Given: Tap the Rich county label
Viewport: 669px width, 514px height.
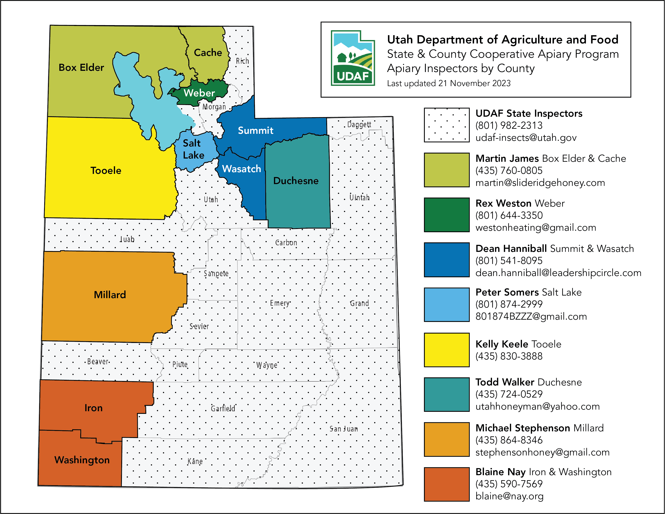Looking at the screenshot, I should point(242,61).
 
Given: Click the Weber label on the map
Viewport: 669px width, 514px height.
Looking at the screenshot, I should point(199,93).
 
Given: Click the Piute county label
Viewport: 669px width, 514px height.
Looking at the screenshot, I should point(180,364).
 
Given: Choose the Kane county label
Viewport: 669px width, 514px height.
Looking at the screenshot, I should point(195,461).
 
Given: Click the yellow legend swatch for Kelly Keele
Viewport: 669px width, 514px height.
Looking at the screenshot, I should point(446,350).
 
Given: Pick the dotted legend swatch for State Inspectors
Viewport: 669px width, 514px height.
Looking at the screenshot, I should point(446,125).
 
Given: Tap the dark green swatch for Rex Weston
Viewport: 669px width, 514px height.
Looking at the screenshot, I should point(446,215).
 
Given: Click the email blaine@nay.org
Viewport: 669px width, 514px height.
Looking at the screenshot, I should point(509,496).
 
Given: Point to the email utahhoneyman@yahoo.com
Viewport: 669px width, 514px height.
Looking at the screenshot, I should point(537,406).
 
